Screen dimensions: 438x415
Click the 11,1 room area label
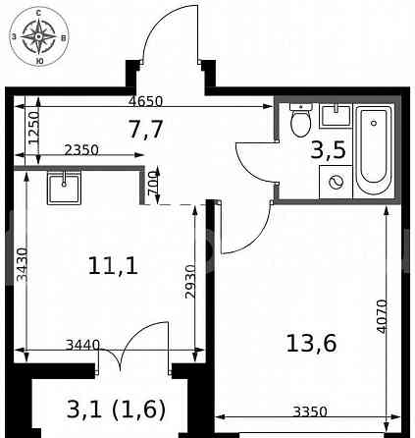(x=113, y=264)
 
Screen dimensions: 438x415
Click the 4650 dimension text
(x=145, y=101)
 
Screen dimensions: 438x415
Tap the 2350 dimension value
(x=81, y=150)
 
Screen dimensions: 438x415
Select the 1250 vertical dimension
(x=32, y=129)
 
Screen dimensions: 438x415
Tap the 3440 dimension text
(x=82, y=345)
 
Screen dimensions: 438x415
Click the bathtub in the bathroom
(x=373, y=150)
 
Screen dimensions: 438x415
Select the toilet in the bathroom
(x=301, y=120)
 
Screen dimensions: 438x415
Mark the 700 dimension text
(x=152, y=183)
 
